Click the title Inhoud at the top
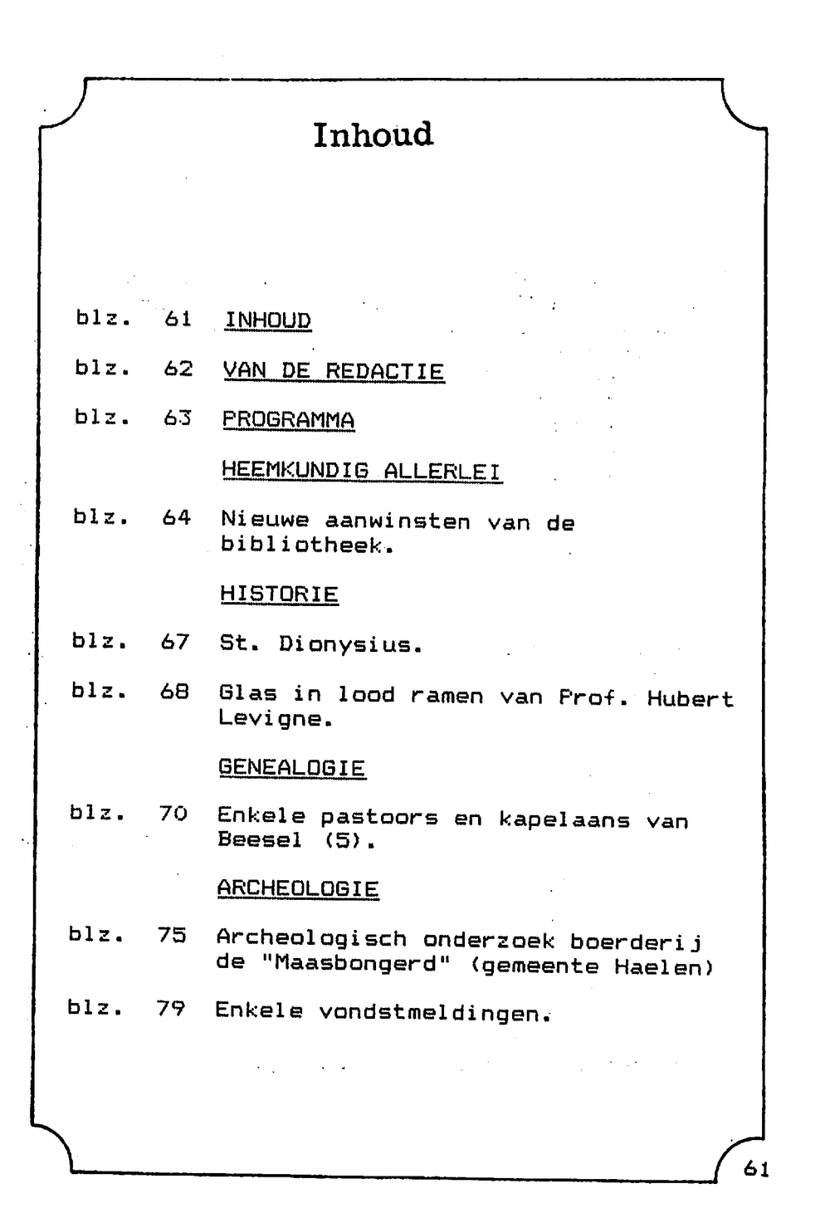tap(373, 135)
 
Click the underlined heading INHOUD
tap(267, 320)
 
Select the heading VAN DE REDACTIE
tap(333, 371)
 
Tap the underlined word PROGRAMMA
tap(288, 420)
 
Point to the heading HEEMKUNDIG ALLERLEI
tap(361, 471)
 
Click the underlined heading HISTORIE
tap(279, 594)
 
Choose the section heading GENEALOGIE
tap(291, 768)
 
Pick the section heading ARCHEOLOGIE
tap(297, 888)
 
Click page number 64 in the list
tap(176, 518)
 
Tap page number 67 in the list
tap(175, 642)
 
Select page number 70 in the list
tap(173, 814)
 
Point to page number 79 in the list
tap(170, 1009)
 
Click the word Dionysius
tap(350, 645)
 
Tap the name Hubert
tap(690, 699)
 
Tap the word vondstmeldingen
tap(435, 1012)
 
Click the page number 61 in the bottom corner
tap(756, 1169)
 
